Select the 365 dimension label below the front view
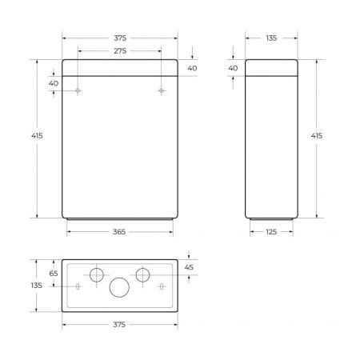[119, 232]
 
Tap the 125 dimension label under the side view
[272, 232]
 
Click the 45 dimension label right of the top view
[189, 268]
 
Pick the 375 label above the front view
[119, 38]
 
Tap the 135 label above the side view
[272, 38]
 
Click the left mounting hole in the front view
[78, 91]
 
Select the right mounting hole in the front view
[161, 91]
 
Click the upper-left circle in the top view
[96, 274]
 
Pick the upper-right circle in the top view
[142, 274]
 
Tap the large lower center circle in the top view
[119, 288]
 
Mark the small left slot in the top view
[78, 286]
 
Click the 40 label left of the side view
[233, 69]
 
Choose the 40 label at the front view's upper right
[192, 69]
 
